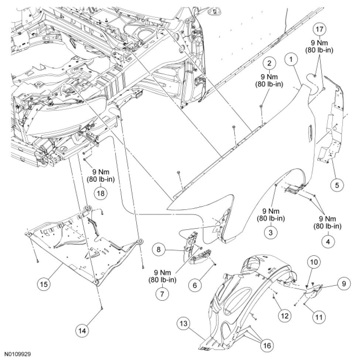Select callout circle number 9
tap(344, 284)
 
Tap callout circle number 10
tap(313, 262)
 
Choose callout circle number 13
tap(184, 324)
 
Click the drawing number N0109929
tap(16, 353)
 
